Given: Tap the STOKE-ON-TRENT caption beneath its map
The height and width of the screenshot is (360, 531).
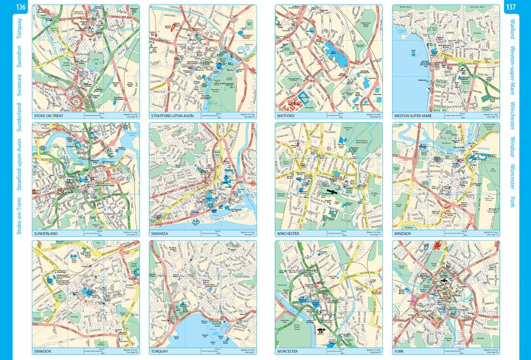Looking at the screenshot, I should tap(50, 116).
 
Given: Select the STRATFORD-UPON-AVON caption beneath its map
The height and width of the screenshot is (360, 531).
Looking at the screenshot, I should tap(173, 116).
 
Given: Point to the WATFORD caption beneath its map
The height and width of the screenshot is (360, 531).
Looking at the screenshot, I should tap(287, 116).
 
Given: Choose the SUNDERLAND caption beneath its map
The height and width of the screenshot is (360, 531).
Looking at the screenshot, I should tap(45, 233).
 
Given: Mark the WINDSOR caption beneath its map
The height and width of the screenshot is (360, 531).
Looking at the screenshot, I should tap(403, 233).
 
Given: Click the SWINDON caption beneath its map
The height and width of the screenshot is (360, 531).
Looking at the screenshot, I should tap(43, 351).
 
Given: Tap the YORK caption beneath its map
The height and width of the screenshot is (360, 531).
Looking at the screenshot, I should tap(399, 351).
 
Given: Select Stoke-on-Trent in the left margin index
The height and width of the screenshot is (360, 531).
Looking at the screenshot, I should tap(20, 214).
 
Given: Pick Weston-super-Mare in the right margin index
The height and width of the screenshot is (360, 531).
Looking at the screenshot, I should tap(512, 68).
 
